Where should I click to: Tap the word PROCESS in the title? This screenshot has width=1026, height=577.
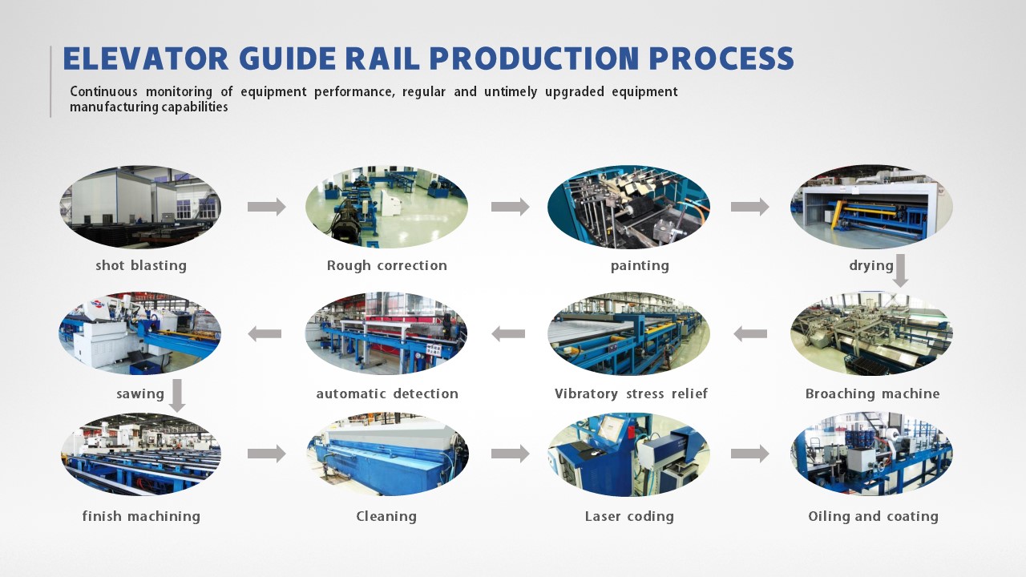(720, 59)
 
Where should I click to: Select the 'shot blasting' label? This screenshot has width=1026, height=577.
(141, 265)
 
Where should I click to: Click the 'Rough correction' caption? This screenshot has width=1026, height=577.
(387, 265)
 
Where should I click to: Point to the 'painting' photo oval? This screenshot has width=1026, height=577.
(628, 207)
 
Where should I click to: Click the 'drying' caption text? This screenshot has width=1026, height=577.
(871, 265)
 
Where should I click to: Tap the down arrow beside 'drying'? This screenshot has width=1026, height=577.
(901, 271)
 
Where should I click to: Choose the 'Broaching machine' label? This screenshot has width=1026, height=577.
(872, 393)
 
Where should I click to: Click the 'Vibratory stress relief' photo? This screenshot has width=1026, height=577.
(628, 333)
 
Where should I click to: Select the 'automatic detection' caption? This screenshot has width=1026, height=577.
(387, 393)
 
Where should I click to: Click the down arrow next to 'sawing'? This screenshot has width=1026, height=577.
(177, 396)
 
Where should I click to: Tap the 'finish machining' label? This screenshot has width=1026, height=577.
(141, 516)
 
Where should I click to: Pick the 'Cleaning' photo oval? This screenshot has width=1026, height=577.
(387, 454)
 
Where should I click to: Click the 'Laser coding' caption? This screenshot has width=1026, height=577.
(629, 516)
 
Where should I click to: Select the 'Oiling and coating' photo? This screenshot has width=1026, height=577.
(871, 454)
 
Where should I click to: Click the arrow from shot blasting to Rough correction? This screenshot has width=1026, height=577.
(266, 207)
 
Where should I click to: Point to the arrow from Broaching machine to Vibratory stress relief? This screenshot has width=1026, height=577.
(750, 333)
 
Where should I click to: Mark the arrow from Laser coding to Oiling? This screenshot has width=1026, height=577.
(749, 454)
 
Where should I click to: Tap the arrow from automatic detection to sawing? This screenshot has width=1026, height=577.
(265, 333)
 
